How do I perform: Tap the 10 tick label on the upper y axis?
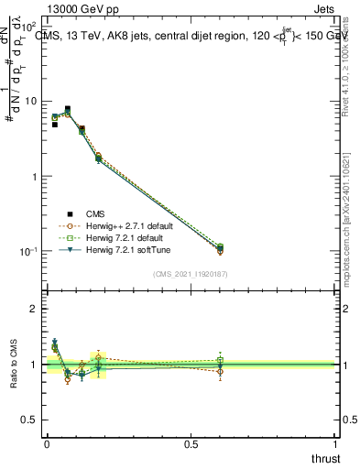coord(29,101)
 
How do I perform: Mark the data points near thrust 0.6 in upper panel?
coord(220,249)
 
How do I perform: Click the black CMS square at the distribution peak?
coord(68,109)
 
